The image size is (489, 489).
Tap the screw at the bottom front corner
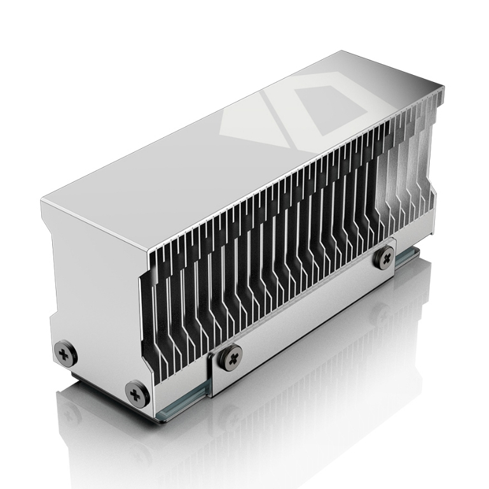[135, 393]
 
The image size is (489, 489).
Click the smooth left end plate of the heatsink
[95, 299]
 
